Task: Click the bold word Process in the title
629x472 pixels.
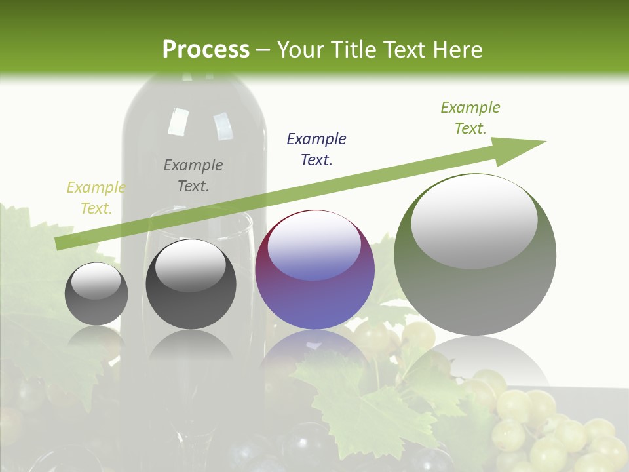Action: coord(206,49)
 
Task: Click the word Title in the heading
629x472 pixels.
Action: coord(354,49)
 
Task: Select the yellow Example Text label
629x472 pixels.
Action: coord(96,198)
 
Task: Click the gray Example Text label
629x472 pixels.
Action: coord(193,176)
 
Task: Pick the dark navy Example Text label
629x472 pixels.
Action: coord(316,149)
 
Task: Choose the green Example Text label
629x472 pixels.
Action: coord(470,118)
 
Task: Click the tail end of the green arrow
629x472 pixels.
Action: coord(60,243)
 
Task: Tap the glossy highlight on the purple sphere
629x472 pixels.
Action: coord(314,246)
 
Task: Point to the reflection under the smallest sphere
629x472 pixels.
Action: coord(96,341)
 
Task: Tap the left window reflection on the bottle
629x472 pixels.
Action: coord(178,121)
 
